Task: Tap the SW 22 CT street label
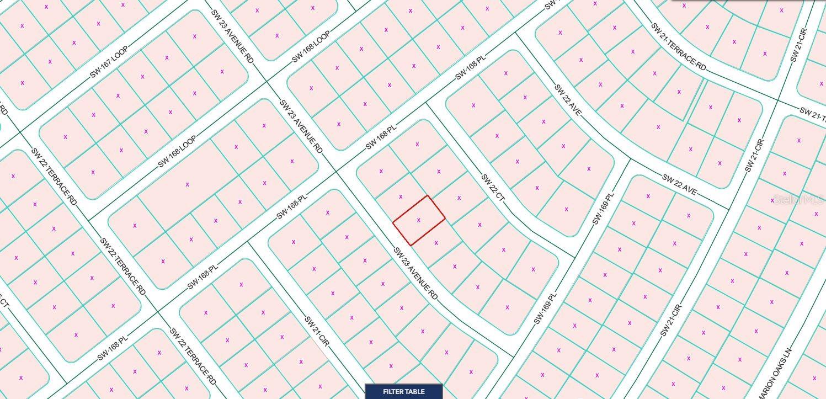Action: [493, 191]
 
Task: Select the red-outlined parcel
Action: [419, 220]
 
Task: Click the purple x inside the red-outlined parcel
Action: [419, 220]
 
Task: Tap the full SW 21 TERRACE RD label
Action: [678, 46]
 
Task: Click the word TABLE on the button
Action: [414, 392]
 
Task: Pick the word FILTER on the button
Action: [393, 392]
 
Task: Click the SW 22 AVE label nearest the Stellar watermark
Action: [679, 185]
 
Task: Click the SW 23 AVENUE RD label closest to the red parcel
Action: [415, 274]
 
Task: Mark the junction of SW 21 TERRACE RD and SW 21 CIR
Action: [779, 99]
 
